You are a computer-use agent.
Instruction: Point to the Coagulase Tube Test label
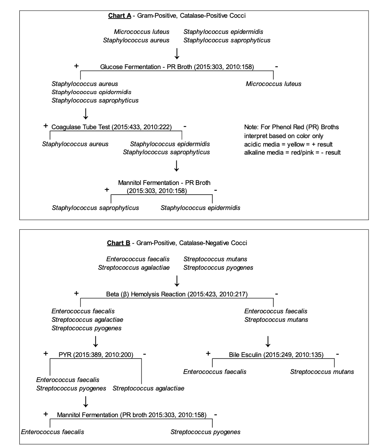pos(111,127)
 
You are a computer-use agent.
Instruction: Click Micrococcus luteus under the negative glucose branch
pos(273,84)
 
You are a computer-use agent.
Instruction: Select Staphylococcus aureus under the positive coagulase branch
pos(75,144)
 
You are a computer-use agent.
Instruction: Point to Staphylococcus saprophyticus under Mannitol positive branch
pos(95,208)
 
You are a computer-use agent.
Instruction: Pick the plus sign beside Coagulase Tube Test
pos(45,126)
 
